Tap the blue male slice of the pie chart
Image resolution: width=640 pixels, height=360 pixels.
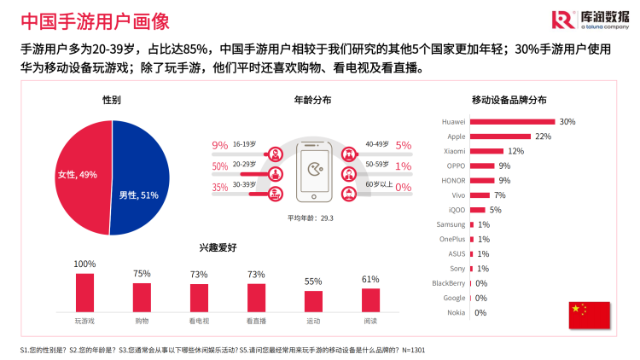click(x=143, y=183)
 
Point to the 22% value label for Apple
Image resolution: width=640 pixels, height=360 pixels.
click(x=543, y=136)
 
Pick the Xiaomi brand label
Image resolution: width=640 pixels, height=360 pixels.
click(x=454, y=151)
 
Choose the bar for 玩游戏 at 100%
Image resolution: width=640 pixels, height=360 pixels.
click(x=84, y=292)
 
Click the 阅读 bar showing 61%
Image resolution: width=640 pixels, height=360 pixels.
click(x=370, y=299)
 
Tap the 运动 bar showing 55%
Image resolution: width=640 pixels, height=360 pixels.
click(x=313, y=301)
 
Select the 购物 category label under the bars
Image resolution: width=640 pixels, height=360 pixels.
click(x=142, y=321)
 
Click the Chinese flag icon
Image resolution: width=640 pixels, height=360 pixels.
click(x=589, y=315)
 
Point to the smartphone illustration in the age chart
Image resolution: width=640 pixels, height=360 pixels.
click(x=312, y=171)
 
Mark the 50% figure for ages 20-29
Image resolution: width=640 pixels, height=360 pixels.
click(x=220, y=166)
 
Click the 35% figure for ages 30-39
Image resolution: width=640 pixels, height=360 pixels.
click(x=220, y=188)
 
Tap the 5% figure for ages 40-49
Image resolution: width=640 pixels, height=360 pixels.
click(x=404, y=145)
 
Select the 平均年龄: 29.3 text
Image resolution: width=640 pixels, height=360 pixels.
click(x=310, y=218)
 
